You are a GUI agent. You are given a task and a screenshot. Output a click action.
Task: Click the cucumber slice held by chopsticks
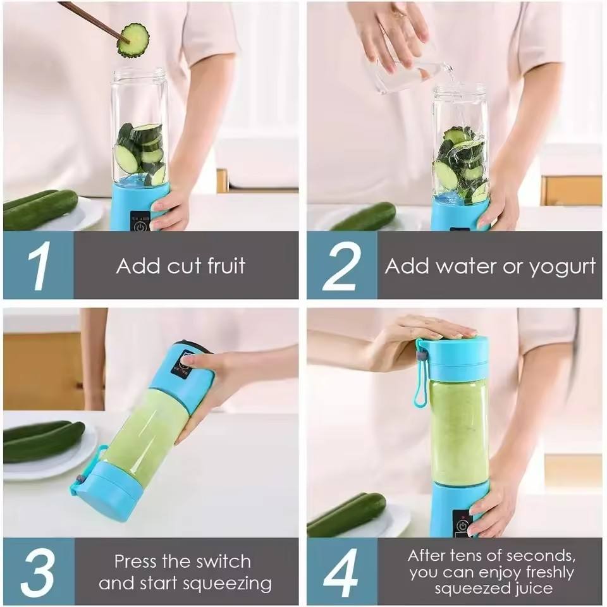[133, 40]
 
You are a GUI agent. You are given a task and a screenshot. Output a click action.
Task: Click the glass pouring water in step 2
[405, 76]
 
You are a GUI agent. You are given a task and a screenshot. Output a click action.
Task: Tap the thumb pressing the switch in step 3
[188, 361]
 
